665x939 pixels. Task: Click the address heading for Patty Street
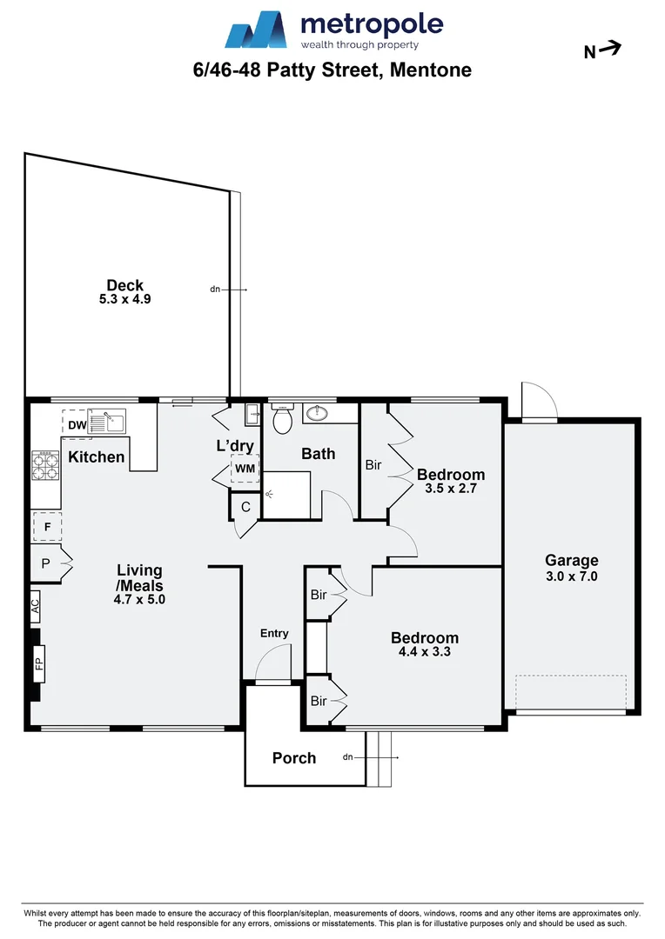coord(332,70)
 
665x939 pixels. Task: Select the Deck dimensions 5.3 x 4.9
coord(126,299)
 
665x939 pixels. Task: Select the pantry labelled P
coord(46,564)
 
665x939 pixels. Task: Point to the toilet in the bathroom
coord(282,421)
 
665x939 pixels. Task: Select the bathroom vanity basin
coord(316,413)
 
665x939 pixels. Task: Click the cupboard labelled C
coord(245,507)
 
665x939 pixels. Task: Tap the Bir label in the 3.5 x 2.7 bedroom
coord(373,465)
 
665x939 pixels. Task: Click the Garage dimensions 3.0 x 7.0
coord(571,576)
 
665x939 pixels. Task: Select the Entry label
coord(274,633)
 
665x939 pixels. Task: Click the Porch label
coord(294,758)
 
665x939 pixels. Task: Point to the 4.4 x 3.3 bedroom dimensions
coord(425,650)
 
